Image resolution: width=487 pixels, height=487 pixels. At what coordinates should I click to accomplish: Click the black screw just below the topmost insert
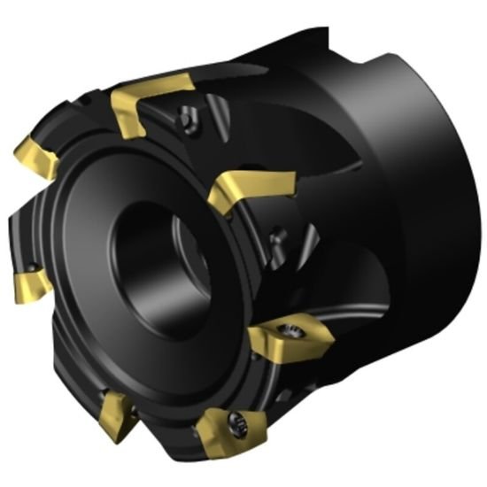click(x=187, y=114)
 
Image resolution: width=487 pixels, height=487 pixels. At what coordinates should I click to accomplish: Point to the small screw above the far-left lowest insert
click(x=30, y=265)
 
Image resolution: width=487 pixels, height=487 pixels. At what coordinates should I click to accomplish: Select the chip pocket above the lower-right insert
click(x=292, y=283)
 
